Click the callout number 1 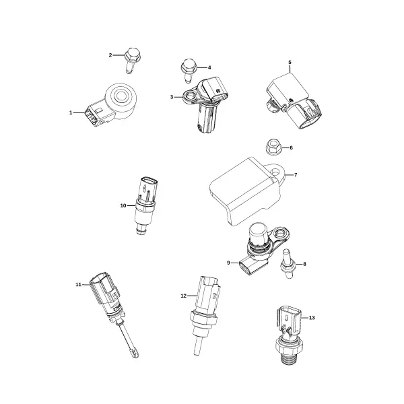[x=71, y=112]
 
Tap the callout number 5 [x=290, y=63]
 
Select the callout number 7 [x=296, y=175]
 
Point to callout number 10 [x=123, y=205]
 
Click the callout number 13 [x=312, y=318]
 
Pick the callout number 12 [x=183, y=296]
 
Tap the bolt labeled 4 [x=189, y=71]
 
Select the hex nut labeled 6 [x=273, y=148]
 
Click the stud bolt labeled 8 [x=288, y=264]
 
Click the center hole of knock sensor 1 [x=121, y=96]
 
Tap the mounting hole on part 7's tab [x=276, y=171]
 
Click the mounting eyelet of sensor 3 [x=190, y=97]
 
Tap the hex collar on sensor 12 [x=203, y=318]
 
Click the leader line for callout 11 [x=86, y=284]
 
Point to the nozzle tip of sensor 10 [x=141, y=230]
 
